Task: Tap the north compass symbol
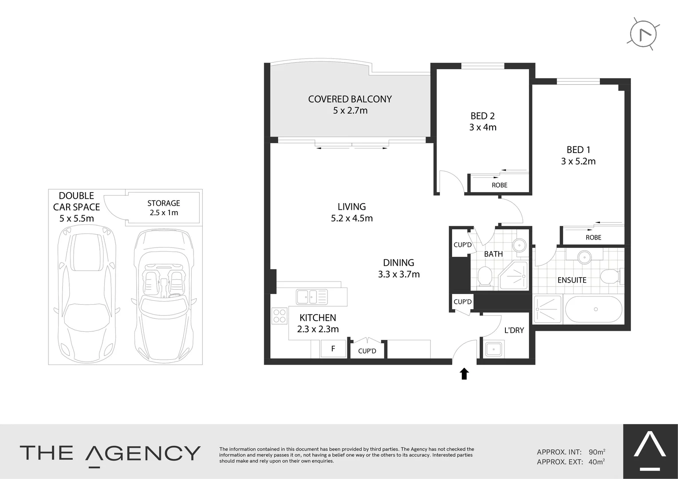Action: click(643, 34)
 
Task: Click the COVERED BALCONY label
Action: click(350, 99)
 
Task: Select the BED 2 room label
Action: click(482, 116)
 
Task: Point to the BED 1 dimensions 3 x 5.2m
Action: click(578, 161)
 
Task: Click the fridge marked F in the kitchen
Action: click(333, 349)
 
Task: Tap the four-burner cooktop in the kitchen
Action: click(280, 315)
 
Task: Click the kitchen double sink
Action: click(312, 297)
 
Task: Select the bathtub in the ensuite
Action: click(595, 309)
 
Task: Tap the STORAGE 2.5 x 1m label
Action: click(164, 208)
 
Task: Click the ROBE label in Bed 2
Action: click(499, 185)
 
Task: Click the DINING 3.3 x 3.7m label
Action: click(398, 268)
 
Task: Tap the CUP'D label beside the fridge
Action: click(367, 351)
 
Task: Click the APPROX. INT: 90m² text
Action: click(571, 452)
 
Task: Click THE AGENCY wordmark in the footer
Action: click(110, 453)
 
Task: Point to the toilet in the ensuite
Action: click(611, 277)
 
